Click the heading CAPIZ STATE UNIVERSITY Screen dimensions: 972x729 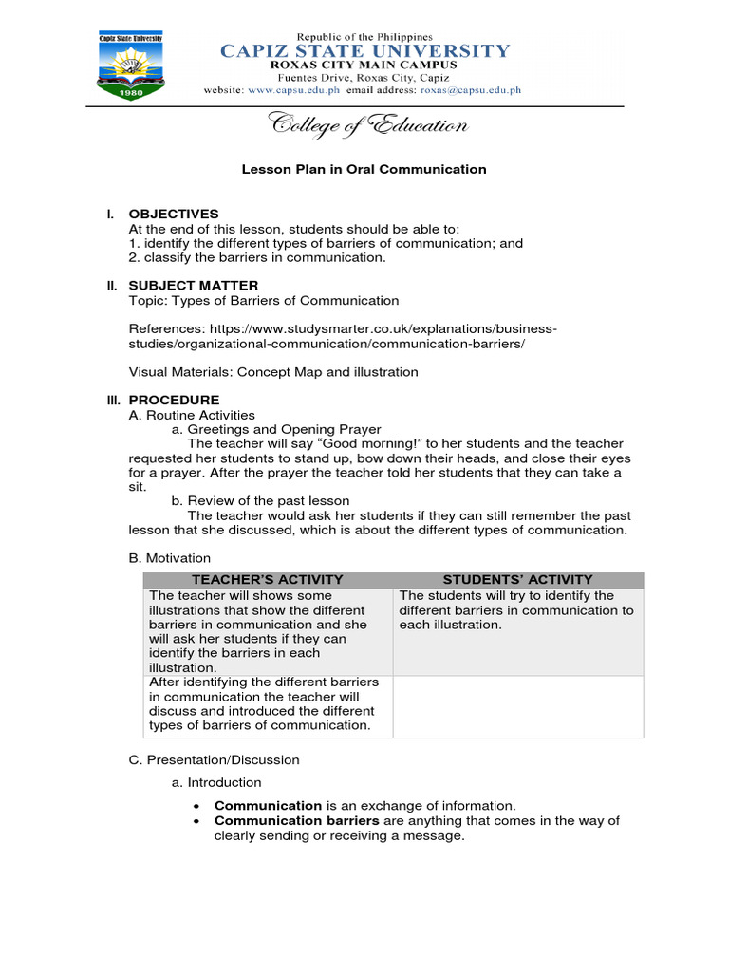tap(365, 51)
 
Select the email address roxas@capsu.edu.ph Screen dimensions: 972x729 tap(466, 91)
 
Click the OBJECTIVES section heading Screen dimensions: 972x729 tap(174, 214)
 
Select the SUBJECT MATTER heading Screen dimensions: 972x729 tap(193, 285)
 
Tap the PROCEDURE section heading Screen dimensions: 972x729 tap(174, 400)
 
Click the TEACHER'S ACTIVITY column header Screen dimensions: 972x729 tap(268, 579)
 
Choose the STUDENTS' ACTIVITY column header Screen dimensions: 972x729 tap(517, 579)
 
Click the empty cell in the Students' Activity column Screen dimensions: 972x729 tap(517, 705)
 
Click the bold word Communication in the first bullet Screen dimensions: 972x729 tap(269, 805)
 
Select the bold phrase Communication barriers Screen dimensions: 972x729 tap(297, 820)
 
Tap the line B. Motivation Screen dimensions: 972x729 tap(169, 557)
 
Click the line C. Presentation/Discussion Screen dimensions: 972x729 tap(214, 759)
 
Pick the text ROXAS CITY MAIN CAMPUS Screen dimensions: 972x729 tap(365, 65)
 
